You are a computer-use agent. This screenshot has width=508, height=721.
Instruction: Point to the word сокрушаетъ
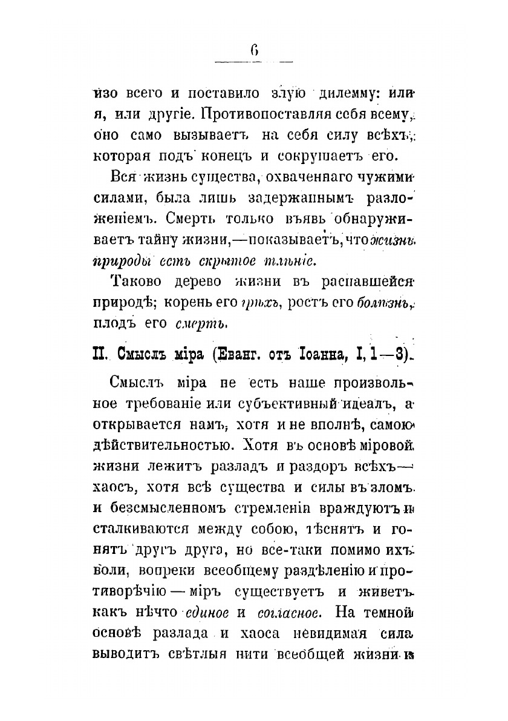(324, 155)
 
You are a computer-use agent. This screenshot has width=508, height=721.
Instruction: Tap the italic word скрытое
(230, 261)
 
